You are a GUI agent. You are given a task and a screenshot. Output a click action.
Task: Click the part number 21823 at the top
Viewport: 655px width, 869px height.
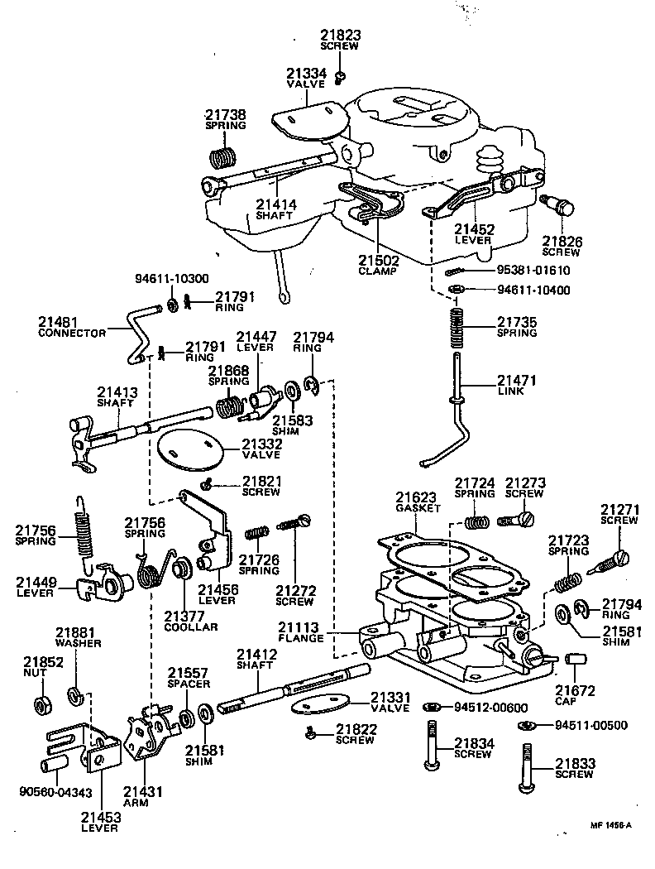pyautogui.click(x=339, y=35)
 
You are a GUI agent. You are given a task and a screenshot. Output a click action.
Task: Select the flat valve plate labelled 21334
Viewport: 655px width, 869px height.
pyautogui.click(x=306, y=121)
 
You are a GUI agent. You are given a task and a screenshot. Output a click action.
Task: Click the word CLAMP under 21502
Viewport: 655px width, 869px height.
pyautogui.click(x=377, y=271)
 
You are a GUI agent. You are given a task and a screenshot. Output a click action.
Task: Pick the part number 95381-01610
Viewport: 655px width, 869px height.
pyautogui.click(x=534, y=271)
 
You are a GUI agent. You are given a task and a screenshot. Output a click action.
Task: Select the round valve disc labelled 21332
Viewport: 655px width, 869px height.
pyautogui.click(x=190, y=449)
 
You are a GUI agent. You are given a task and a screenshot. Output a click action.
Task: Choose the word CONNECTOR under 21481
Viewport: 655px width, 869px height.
pyautogui.click(x=73, y=333)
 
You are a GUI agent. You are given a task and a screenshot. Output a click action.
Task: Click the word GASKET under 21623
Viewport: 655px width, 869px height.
pyautogui.click(x=418, y=509)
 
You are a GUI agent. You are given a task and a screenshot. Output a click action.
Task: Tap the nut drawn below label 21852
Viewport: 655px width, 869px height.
pyautogui.click(x=41, y=706)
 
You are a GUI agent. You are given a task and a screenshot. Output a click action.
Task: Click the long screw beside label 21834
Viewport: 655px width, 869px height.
pyautogui.click(x=431, y=749)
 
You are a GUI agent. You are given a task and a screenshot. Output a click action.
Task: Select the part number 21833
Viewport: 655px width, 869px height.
pyautogui.click(x=574, y=763)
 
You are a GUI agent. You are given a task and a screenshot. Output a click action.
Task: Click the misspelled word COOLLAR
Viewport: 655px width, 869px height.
pyautogui.click(x=191, y=627)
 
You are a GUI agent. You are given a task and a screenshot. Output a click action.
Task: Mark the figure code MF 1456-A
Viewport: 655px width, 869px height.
pyautogui.click(x=610, y=825)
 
